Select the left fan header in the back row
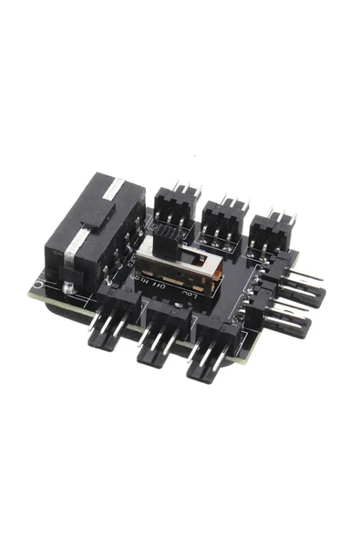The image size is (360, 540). [x=173, y=205]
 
